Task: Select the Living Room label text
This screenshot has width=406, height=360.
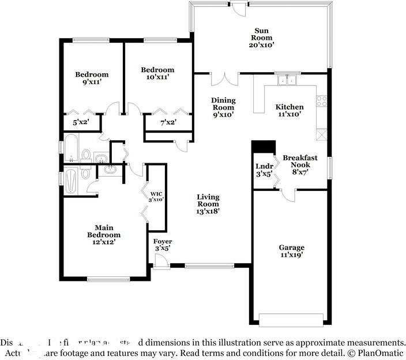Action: (208, 204)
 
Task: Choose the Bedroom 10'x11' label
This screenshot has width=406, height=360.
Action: (157, 73)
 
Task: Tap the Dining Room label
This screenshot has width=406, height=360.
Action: (223, 107)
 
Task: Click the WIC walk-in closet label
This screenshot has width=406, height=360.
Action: (156, 196)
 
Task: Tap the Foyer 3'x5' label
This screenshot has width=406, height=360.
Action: (161, 245)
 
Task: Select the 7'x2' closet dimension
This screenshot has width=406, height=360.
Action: (167, 122)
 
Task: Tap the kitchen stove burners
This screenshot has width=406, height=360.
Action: (322, 101)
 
